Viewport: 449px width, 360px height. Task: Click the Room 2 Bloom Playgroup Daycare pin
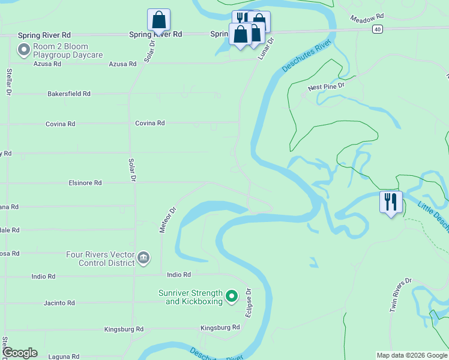pos(24,49)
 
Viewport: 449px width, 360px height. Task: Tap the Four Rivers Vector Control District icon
pos(143,259)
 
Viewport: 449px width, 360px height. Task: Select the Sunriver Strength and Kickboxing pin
pos(232,296)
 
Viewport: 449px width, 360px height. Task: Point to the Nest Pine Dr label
pos(327,87)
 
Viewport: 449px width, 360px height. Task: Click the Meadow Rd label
pos(366,18)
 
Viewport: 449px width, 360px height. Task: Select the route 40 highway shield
pos(377,28)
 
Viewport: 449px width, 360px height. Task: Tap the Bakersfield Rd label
pos(69,94)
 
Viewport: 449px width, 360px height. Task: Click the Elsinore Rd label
pos(85,183)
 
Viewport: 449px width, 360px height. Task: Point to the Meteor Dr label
pos(167,220)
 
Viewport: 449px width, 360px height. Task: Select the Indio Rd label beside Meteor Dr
pos(178,275)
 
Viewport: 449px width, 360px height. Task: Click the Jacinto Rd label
pos(59,303)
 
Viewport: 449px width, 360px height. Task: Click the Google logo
pos(20,353)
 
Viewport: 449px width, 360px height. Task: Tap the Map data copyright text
pos(412,355)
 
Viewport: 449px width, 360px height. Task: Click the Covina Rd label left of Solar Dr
pos(61,124)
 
